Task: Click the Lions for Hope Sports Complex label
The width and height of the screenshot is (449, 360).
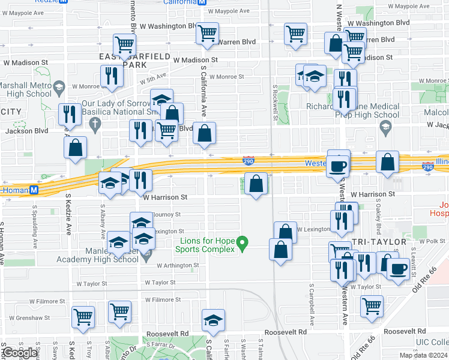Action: [x=208, y=245]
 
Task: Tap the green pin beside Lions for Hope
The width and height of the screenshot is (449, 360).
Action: [x=243, y=243]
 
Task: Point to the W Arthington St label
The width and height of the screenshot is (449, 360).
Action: [x=178, y=265]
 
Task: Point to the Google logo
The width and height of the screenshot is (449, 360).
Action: [x=20, y=353]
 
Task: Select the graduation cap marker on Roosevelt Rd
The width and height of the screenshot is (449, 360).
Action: [x=213, y=322]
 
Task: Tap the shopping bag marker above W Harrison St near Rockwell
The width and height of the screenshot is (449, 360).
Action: [x=256, y=185]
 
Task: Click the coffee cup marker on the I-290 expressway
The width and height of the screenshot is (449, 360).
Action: [x=338, y=165]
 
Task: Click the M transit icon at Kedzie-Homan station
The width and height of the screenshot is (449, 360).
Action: [x=34, y=190]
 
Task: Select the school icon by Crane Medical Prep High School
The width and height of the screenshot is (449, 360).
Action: [x=385, y=126]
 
